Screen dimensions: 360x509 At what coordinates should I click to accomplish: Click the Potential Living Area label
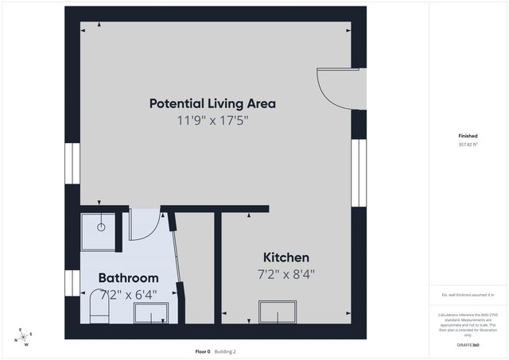(212, 103)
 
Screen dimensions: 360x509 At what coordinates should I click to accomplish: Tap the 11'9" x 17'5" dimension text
(212, 121)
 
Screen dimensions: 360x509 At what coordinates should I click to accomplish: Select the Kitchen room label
(286, 257)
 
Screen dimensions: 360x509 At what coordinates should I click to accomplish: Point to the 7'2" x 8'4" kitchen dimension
(286, 275)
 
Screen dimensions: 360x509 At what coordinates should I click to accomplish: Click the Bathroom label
(128, 278)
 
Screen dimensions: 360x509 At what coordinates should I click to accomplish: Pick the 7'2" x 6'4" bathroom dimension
(128, 294)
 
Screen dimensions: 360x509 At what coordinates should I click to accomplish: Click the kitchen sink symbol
(278, 312)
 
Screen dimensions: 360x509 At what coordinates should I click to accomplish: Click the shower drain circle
(102, 226)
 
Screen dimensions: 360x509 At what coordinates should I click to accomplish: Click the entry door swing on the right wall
(334, 87)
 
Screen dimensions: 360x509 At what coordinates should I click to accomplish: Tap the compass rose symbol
(25, 337)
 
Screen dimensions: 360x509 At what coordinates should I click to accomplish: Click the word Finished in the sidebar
(468, 136)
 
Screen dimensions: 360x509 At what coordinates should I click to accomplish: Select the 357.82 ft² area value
(468, 145)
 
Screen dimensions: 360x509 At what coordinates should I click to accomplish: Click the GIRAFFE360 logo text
(468, 346)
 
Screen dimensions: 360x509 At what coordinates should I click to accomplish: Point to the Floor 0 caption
(203, 351)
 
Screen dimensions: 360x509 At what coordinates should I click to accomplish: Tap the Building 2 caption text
(225, 351)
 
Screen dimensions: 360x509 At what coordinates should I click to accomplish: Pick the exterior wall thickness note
(468, 295)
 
